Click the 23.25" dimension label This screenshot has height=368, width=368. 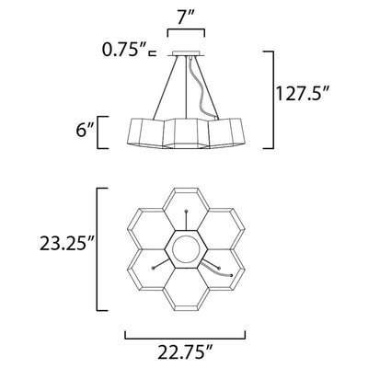click(x=66, y=245)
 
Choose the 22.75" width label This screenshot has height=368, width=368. click(x=185, y=351)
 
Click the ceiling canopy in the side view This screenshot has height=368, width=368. click(x=186, y=53)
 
